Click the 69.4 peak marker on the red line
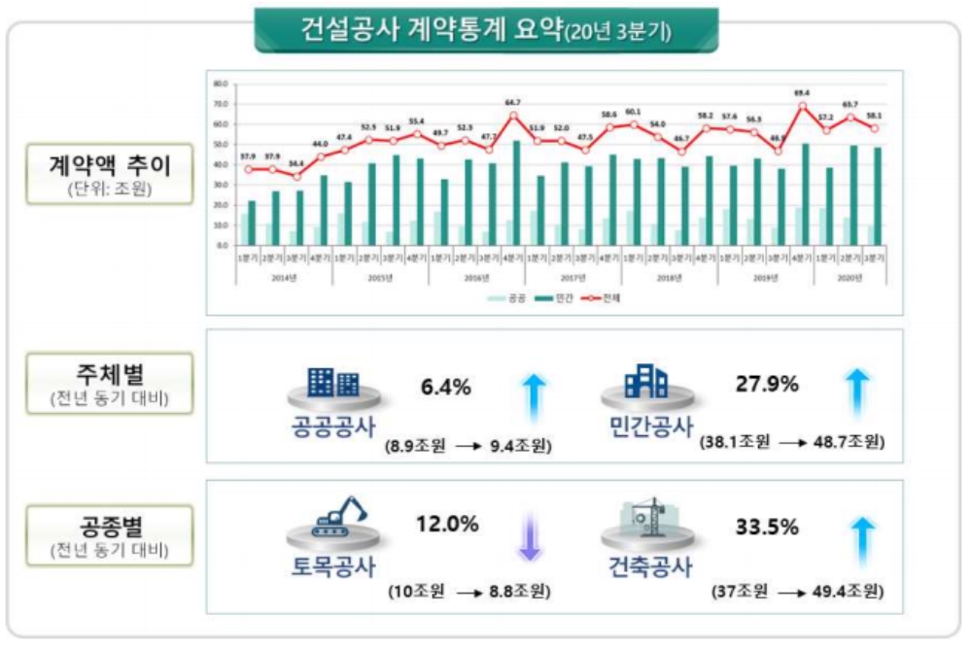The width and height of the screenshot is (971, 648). pos(801,105)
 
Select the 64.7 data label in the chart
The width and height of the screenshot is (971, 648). pos(514,102)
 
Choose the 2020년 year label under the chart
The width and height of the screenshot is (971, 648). pos(850,277)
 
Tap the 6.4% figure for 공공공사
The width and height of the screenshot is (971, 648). pos(446,387)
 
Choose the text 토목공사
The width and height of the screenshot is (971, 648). pos(333,564)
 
